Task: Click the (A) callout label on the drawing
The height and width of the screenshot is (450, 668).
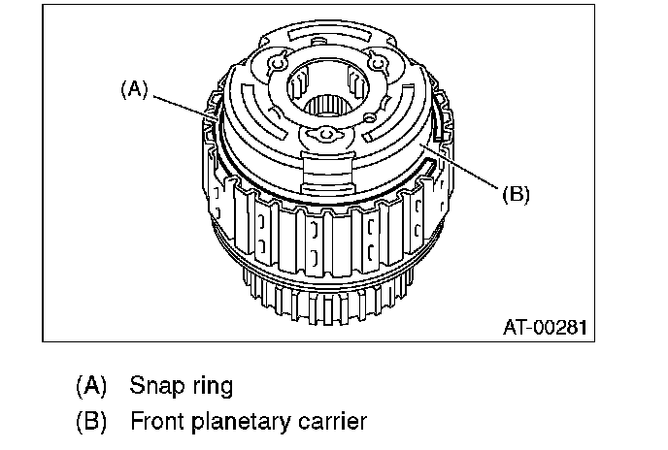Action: click(133, 90)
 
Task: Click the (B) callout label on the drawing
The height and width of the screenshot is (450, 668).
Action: click(515, 194)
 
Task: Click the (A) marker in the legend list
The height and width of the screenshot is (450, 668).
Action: click(91, 386)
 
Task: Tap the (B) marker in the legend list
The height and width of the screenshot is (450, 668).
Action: click(91, 423)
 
